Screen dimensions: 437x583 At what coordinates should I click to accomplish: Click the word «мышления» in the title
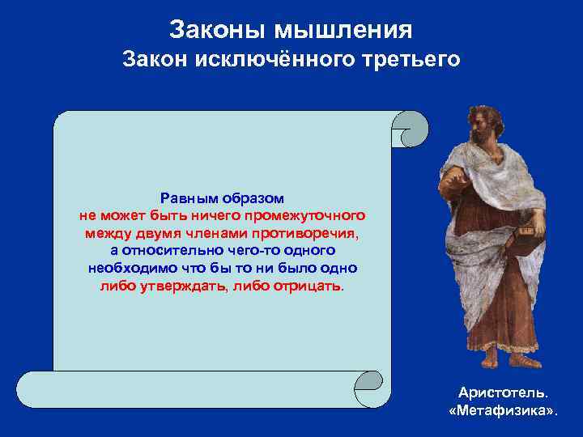coord(345,30)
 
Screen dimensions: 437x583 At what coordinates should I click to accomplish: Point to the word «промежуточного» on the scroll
coord(312,216)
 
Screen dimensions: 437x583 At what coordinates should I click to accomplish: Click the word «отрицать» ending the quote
coord(311,287)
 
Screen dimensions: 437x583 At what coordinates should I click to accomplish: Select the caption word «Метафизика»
coord(502,411)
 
